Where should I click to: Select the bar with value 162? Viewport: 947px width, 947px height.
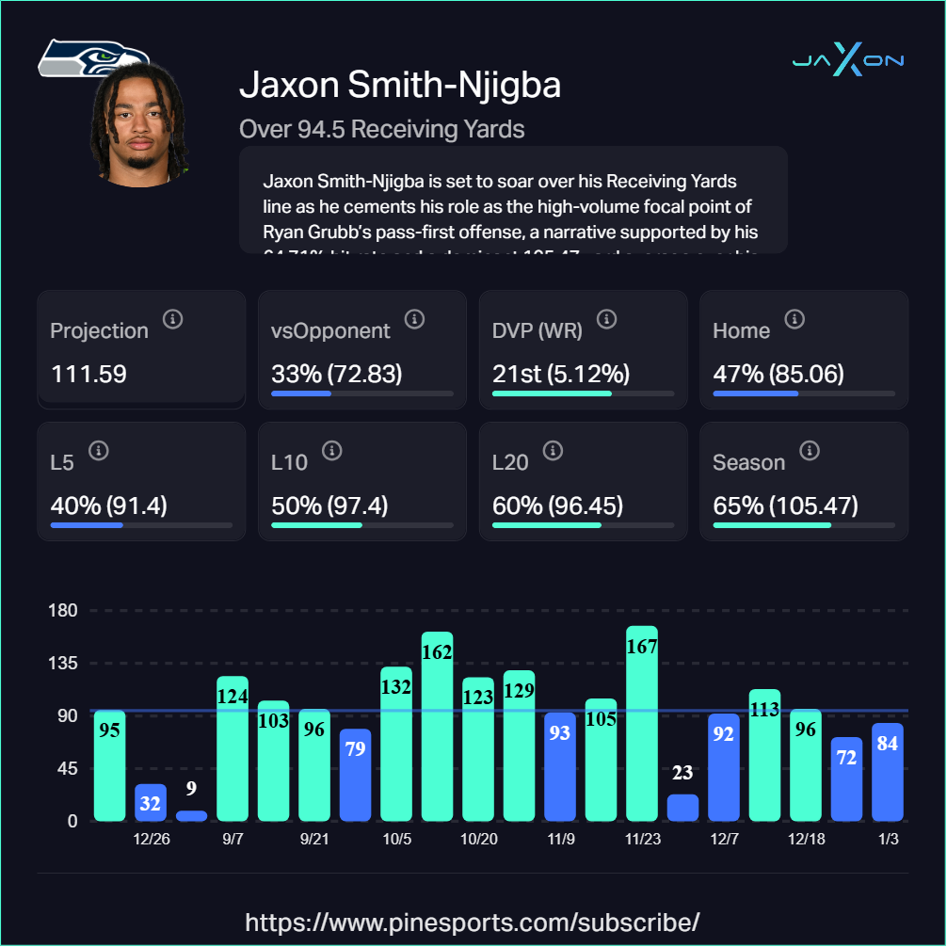point(437,726)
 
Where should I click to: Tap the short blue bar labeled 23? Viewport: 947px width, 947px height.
point(682,807)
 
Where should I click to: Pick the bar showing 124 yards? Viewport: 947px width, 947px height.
point(233,748)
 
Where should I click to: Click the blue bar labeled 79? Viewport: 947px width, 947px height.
point(355,775)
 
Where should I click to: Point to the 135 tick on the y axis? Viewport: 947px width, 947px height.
point(63,663)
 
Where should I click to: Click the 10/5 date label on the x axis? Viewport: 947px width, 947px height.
point(396,839)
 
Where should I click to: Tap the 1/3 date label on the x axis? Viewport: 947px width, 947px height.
point(887,839)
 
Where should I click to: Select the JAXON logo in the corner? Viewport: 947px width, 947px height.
point(848,61)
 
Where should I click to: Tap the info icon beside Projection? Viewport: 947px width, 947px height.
point(172,319)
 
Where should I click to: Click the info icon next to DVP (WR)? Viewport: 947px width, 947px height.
point(606,319)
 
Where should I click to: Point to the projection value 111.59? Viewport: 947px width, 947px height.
point(88,374)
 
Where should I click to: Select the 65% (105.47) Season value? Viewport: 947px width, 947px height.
point(785,506)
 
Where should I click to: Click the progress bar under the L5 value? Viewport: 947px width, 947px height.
point(141,525)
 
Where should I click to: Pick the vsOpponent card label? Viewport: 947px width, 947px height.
point(330,330)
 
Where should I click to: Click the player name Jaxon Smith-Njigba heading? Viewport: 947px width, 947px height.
point(400,85)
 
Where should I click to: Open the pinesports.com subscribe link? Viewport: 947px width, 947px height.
point(473,921)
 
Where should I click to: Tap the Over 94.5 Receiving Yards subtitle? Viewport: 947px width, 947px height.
point(382,128)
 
